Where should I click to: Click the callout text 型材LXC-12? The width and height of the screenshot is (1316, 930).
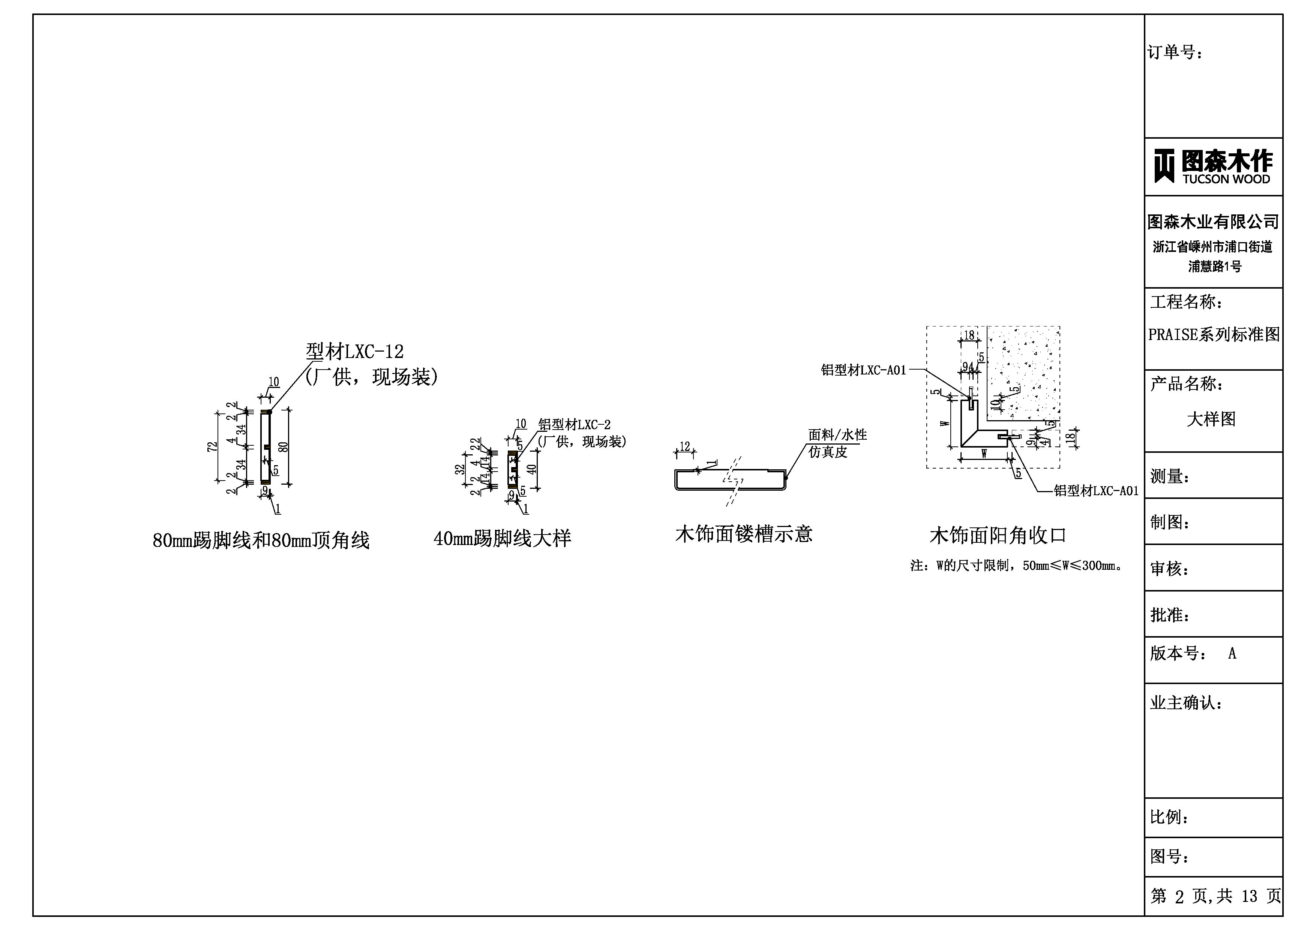tap(355, 351)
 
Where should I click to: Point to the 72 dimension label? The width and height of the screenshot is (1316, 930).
tap(212, 447)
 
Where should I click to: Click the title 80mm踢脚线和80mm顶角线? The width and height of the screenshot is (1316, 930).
tap(261, 541)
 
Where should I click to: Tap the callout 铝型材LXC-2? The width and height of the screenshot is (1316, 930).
tap(574, 425)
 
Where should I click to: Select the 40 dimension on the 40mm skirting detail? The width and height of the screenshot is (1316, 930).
tap(532, 469)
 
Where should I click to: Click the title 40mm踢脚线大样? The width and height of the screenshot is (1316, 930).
tap(502, 539)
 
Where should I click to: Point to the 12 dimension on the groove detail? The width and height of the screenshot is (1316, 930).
tap(684, 446)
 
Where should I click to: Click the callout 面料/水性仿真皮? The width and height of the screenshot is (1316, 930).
tap(837, 443)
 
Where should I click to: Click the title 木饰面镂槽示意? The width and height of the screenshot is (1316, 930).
tap(743, 534)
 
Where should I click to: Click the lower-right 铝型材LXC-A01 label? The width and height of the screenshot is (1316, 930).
tap(1096, 491)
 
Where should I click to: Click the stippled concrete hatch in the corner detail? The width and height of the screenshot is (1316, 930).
tap(1026, 367)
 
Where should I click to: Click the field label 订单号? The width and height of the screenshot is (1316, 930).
tap(1175, 53)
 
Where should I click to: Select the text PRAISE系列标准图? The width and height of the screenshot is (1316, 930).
tap(1213, 335)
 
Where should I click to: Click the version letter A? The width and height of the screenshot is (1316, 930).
tap(1232, 654)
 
